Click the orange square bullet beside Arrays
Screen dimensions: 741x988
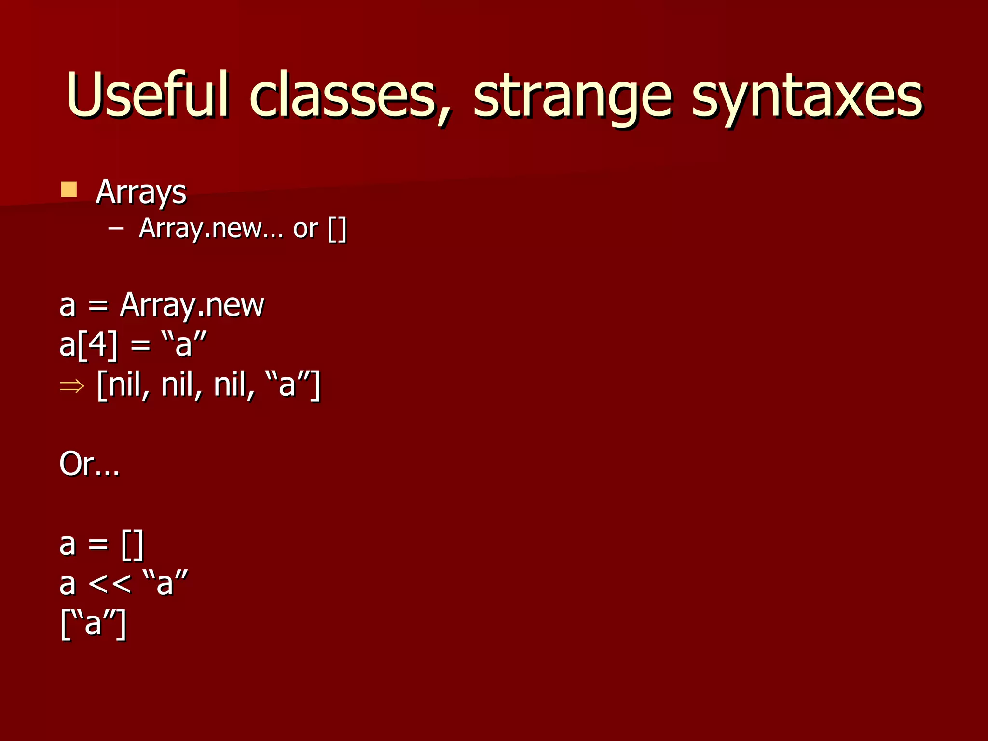coord(69,190)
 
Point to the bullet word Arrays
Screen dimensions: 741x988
coord(141,192)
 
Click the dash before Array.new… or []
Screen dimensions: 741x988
coord(116,228)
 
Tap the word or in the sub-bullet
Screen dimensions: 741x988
coord(305,228)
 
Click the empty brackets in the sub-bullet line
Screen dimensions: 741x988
coord(337,229)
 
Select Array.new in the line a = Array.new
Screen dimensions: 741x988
coord(192,305)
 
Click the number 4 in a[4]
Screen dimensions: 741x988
coord(98,345)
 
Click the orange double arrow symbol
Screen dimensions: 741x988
coord(72,386)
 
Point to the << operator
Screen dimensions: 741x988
coord(110,584)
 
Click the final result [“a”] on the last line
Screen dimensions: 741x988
coord(94,623)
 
